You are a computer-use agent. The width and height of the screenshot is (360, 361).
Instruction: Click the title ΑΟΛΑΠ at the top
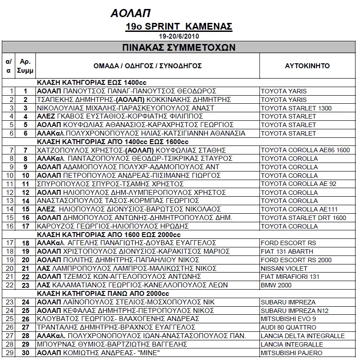[130, 13]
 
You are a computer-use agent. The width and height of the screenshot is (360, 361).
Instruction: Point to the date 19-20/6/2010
[179, 36]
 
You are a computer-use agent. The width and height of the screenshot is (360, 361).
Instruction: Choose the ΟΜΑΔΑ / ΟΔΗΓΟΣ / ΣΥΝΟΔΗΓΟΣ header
[148, 66]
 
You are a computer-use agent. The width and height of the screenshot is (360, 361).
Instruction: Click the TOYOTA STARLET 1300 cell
[296, 108]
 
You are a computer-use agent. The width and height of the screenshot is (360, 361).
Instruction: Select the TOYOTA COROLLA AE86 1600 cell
[305, 150]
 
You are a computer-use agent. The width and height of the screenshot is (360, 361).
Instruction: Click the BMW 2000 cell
[276, 285]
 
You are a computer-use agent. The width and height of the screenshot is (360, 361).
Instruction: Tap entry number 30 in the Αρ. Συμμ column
[25, 353]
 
